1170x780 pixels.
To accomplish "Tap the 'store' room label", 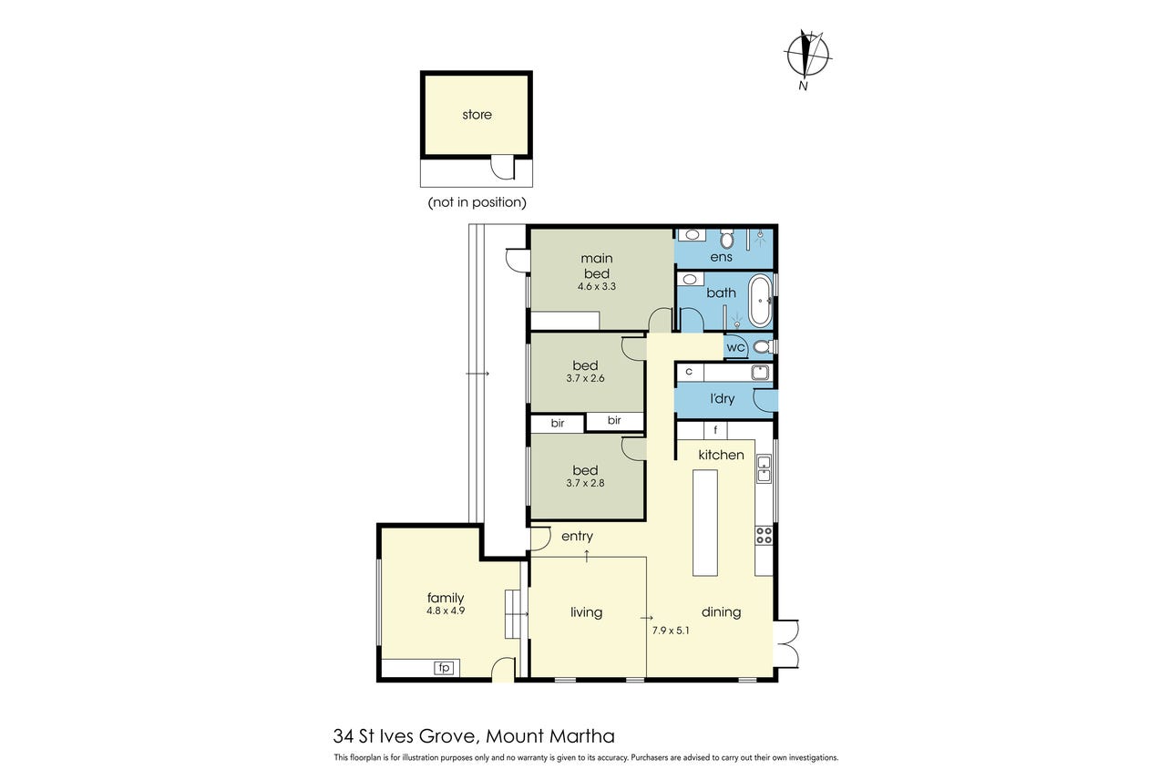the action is point(477,115).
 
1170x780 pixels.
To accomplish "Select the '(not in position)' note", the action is point(477,202).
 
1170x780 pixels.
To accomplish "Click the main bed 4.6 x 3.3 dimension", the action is point(597,286).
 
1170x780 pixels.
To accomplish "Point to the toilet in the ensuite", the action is point(726,238).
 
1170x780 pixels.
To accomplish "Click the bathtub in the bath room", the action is point(760,301).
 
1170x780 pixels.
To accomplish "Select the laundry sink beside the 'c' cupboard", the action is point(760,373).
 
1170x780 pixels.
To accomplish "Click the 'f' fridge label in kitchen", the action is point(715,430).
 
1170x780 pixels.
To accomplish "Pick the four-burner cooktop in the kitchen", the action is point(764,536).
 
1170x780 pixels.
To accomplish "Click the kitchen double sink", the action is point(764,468).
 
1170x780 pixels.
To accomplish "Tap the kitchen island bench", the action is point(705,522).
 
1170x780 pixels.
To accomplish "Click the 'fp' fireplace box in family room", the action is point(444,668).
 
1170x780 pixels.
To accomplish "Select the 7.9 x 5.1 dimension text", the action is point(671,631).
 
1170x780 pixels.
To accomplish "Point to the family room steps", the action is point(513,614).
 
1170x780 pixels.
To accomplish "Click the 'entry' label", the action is point(577,536).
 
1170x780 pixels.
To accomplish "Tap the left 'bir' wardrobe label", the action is point(558,423).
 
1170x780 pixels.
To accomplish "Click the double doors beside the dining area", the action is point(786,643).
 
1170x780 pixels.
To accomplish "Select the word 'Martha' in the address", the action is point(582,736).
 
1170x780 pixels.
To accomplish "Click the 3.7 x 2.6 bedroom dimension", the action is point(585,378).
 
